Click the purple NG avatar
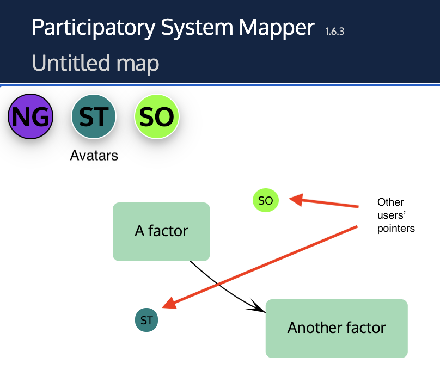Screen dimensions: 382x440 30,116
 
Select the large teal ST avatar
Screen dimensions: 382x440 94,116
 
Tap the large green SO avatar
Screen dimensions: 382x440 157,116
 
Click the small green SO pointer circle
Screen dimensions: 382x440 266,201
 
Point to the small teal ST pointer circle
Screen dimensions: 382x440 146,321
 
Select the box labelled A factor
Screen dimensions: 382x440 161,232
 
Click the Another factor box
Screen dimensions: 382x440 337,328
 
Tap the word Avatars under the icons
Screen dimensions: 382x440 94,156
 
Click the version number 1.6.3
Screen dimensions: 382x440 334,31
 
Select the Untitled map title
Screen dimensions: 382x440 95,64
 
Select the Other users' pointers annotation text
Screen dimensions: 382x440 396,215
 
